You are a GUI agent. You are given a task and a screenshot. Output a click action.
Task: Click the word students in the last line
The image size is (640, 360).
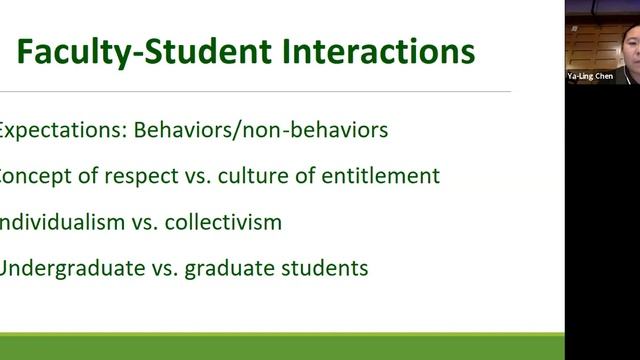pyautogui.click(x=325, y=268)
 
